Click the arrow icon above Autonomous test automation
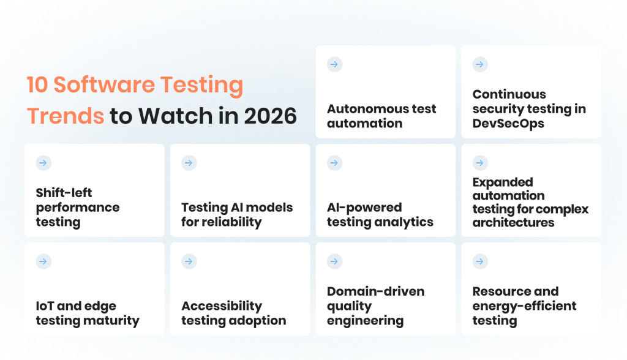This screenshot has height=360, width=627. [x=334, y=64]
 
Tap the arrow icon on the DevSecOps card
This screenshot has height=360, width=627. [x=480, y=64]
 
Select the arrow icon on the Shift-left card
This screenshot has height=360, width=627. [x=43, y=163]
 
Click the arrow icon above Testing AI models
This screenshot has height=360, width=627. [x=189, y=163]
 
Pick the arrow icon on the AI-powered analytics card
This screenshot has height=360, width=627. [x=334, y=163]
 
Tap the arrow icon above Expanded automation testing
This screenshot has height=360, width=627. [x=480, y=163]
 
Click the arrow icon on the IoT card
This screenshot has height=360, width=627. [x=43, y=261]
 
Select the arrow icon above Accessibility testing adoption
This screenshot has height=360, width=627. [x=189, y=261]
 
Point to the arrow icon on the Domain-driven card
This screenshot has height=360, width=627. [x=334, y=261]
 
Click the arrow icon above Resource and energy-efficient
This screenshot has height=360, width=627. [x=480, y=261]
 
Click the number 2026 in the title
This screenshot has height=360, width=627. [x=270, y=116]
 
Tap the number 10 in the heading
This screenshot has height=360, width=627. [x=37, y=85]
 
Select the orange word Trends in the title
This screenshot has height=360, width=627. [x=66, y=116]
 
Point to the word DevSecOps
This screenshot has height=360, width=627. [x=508, y=124]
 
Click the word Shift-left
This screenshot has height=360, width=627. [x=64, y=193]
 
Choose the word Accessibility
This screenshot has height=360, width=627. [x=222, y=306]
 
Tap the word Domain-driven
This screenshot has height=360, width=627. [x=376, y=291]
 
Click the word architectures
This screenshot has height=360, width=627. [x=514, y=222]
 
